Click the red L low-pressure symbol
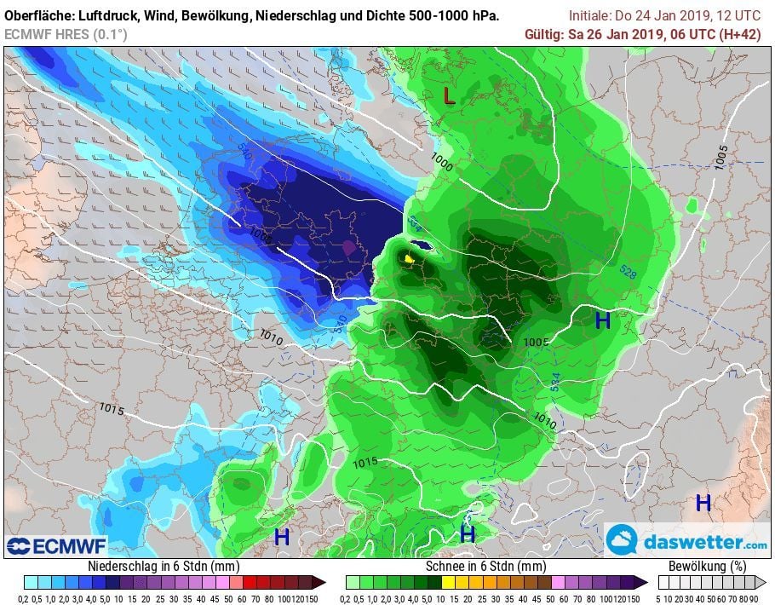pos(449,96)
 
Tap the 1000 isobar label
pos(442,158)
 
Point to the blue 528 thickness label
pos(627,274)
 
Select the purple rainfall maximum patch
pos(347,247)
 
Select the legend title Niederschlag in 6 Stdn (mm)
pos(164,566)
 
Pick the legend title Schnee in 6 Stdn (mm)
pos(485,566)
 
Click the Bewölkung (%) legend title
pos(708,566)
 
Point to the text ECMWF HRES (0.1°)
pos(66,34)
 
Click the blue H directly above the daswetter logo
pos(703,503)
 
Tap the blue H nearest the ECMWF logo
pos(282,537)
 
